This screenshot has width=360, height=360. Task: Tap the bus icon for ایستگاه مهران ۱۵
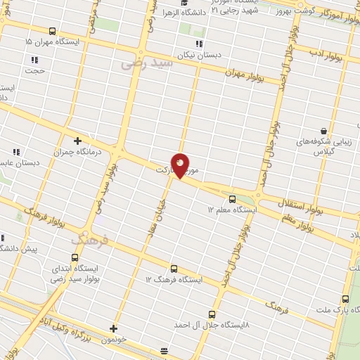53,32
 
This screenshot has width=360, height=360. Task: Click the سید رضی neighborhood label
146,63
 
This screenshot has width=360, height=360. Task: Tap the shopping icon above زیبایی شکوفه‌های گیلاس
323,131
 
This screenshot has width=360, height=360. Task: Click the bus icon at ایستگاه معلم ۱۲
231,198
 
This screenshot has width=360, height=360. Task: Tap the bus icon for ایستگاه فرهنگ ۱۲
174,269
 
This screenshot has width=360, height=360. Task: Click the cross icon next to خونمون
114,328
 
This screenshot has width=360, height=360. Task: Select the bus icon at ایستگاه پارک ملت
345,299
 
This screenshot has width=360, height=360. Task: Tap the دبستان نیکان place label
194,53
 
